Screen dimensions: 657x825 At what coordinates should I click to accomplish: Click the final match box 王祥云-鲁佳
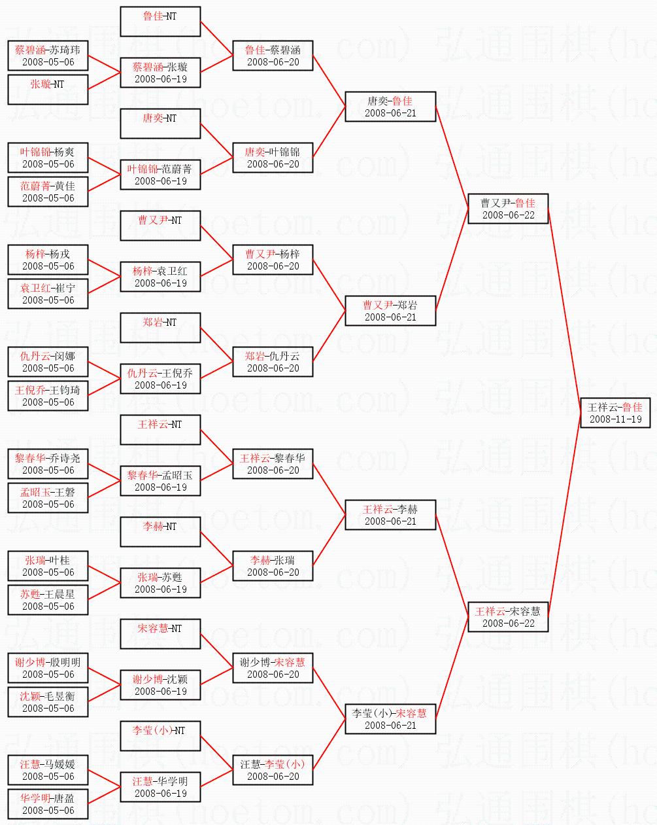(x=615, y=413)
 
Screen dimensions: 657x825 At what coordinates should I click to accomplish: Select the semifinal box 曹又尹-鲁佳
(x=508, y=209)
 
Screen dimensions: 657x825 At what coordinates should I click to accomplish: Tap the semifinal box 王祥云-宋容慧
(x=508, y=617)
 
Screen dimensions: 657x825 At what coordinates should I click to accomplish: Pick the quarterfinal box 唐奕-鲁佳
(x=390, y=107)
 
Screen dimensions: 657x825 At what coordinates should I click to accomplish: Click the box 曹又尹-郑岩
(x=390, y=311)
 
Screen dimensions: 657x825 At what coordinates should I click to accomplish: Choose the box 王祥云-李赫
(x=390, y=515)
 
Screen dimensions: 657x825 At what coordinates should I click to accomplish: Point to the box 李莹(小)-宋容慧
(x=390, y=719)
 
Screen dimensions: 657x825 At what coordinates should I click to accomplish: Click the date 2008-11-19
(x=615, y=419)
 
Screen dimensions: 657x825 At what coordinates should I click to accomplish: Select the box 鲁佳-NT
(x=160, y=22)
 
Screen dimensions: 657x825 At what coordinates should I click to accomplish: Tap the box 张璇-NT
(x=48, y=90)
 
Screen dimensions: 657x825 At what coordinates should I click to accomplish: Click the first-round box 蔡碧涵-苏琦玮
(x=48, y=56)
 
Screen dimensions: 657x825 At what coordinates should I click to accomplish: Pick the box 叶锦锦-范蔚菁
(x=160, y=175)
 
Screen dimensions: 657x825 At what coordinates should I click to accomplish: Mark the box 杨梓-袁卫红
(x=160, y=277)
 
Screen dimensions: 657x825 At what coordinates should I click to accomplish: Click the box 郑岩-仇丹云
(x=273, y=362)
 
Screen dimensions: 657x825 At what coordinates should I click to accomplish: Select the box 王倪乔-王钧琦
(x=48, y=396)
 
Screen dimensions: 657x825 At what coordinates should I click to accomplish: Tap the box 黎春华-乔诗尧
(x=48, y=464)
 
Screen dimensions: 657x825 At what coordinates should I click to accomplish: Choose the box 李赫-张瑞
(x=273, y=566)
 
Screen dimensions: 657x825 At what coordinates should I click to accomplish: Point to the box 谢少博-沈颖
(x=160, y=685)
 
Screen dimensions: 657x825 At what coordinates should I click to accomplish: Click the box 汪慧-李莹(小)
(x=273, y=770)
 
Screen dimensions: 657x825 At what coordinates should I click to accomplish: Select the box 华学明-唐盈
(x=48, y=804)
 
